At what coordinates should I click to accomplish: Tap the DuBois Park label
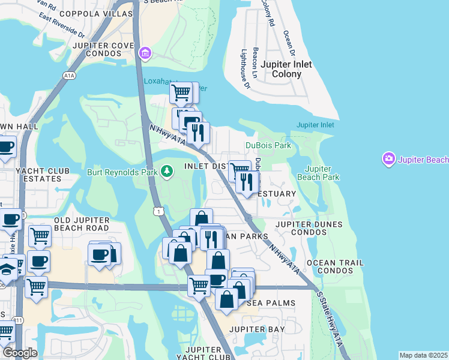coord(268,146)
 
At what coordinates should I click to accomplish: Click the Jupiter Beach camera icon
coord(388,160)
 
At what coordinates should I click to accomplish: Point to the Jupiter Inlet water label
coord(315,125)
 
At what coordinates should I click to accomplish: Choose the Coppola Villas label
coord(103,13)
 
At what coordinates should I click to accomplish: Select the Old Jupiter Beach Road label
coord(82,224)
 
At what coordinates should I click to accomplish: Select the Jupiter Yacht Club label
coord(208,353)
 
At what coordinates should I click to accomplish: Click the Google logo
coord(19,352)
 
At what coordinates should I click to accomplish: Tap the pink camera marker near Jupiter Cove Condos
coord(145,55)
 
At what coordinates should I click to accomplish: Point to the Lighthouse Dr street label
coord(245,69)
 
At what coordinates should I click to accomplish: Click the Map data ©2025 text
coord(423,355)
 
